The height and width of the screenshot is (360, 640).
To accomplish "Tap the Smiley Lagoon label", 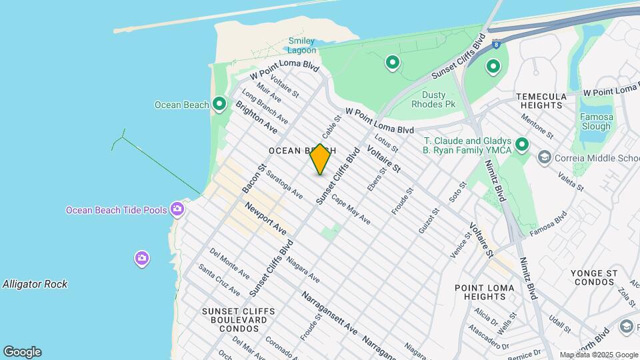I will click(301, 45).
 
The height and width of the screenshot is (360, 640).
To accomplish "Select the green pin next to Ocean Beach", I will click(219, 104).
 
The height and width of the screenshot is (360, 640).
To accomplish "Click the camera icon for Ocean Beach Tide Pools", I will click(177, 209).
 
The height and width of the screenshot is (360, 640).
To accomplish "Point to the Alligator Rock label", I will click(35, 284).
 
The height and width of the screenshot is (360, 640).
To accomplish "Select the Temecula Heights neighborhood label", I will click(541, 101).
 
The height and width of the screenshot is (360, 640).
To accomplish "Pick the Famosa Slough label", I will click(595, 121).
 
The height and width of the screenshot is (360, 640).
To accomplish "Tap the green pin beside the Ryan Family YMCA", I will click(522, 144).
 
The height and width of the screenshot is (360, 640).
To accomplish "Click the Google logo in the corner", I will click(22, 352).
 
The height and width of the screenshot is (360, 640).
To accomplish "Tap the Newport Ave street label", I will click(265, 219).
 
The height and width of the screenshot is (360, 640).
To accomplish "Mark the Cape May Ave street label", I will click(351, 209).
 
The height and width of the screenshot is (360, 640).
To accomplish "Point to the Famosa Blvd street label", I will click(547, 224).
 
